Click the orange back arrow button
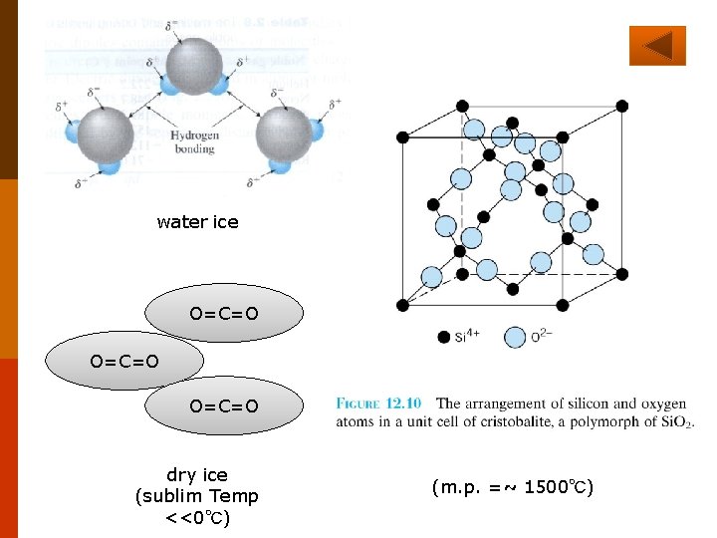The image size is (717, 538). [657, 46]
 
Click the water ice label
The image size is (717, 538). [197, 222]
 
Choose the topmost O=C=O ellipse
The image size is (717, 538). [224, 314]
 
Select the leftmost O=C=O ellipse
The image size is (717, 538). [124, 361]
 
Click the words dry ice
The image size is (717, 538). [196, 475]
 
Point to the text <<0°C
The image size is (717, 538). [196, 518]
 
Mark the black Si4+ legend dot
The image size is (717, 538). [444, 337]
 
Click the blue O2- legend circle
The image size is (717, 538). [515, 337]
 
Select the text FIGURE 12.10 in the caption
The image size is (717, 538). [378, 404]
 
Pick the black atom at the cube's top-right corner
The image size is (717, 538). [622, 105]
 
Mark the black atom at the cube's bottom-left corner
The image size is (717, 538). [402, 304]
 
